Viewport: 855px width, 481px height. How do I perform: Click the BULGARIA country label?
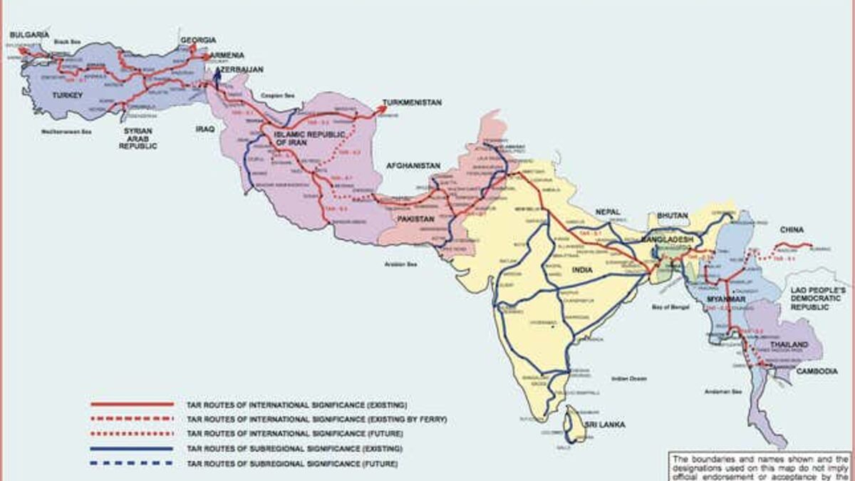click(28, 34)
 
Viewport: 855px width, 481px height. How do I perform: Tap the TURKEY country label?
click(68, 94)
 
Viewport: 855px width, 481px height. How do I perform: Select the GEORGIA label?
click(198, 40)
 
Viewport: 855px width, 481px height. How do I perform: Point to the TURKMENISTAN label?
click(412, 103)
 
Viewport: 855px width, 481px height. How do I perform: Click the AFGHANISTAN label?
click(414, 165)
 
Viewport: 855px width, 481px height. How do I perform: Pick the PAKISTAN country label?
click(415, 219)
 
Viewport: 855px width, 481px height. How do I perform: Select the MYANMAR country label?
click(725, 300)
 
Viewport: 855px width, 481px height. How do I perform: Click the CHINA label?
click(792, 229)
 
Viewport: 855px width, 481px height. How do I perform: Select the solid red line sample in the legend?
click(132, 404)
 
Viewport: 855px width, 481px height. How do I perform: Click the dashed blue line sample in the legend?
click(132, 463)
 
